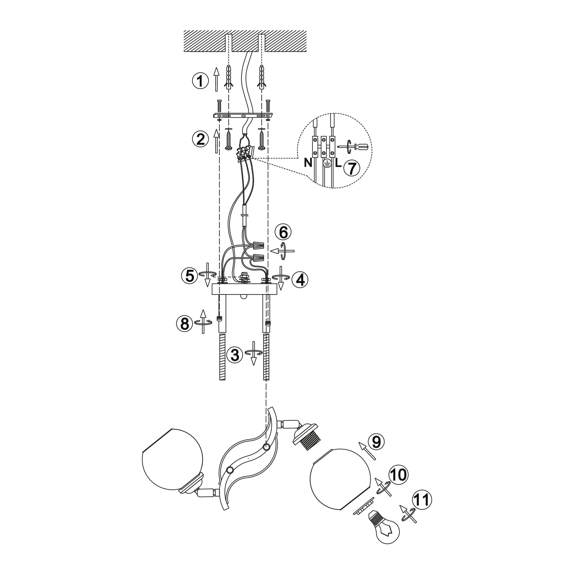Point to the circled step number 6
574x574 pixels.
[283, 232]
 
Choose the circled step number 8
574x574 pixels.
[185, 324]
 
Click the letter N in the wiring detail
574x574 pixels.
[308, 163]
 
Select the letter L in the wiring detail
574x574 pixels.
[338, 163]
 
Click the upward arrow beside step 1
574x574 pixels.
[217, 79]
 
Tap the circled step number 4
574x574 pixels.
[300, 280]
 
